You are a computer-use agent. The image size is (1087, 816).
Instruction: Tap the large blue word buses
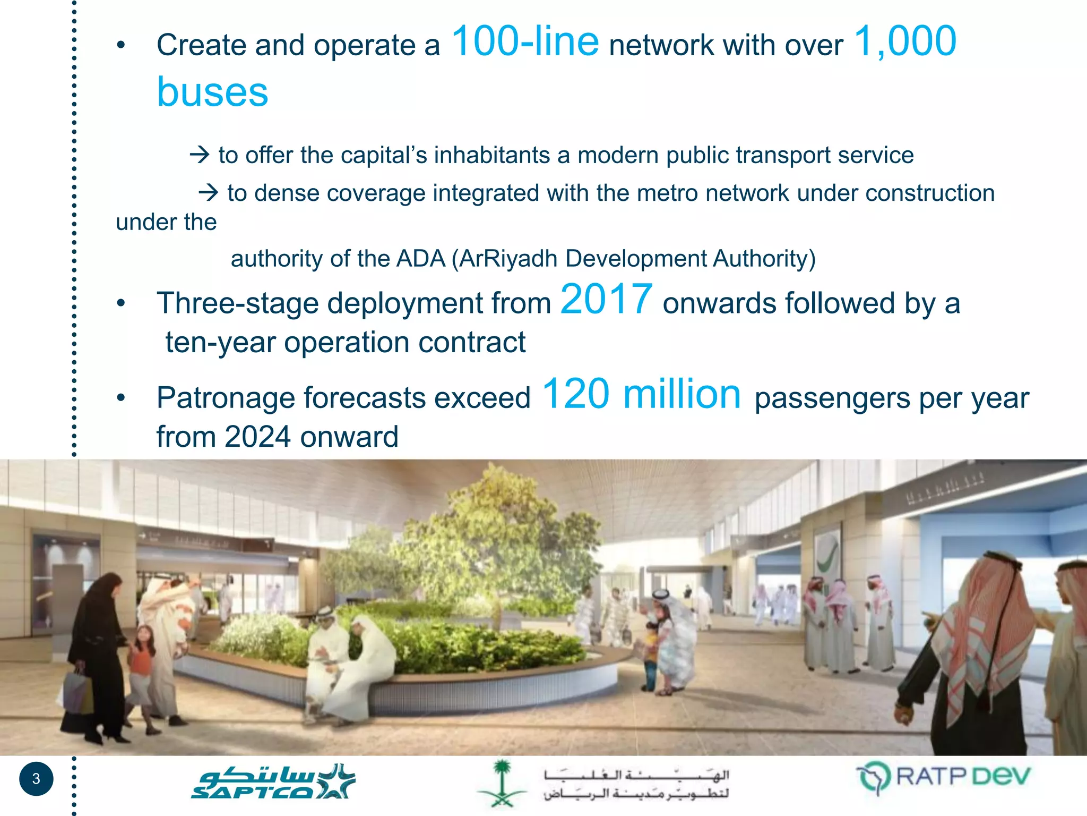coord(212,92)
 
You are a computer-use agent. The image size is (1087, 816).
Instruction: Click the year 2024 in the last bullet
coord(257,437)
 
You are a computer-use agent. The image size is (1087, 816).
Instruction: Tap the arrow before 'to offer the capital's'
coord(200,155)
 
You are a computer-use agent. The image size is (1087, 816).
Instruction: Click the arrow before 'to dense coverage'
coord(208,193)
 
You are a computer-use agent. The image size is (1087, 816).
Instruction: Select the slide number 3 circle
coord(36,779)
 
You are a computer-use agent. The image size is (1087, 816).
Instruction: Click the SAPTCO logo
coord(273,781)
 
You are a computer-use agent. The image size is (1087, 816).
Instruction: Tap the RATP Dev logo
coord(943,777)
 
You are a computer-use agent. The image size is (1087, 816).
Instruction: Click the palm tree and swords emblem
coord(502,783)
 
